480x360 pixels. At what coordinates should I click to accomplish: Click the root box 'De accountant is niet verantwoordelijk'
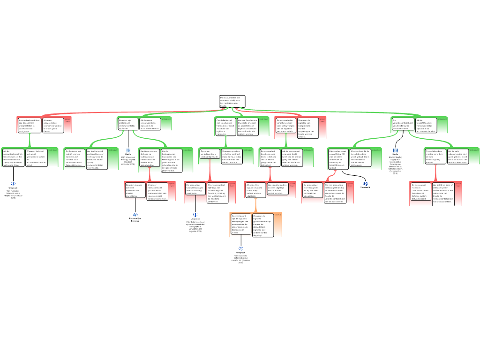[232, 102]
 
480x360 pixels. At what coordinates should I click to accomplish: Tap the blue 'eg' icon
[366, 183]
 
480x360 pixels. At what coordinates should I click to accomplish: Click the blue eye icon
[135, 215]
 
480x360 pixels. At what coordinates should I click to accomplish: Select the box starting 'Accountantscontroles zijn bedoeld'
[30, 126]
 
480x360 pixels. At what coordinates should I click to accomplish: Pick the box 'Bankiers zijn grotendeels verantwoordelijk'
[127, 124]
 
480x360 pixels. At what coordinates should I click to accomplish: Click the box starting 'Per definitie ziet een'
[225, 127]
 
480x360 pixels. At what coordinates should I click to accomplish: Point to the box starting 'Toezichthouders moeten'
[435, 156]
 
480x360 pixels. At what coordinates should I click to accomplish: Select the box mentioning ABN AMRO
[338, 159]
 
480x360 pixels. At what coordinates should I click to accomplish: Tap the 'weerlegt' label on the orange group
[277, 215]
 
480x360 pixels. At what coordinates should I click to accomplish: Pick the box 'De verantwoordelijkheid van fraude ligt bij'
[403, 124]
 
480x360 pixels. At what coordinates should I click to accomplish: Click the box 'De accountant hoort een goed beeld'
[270, 158]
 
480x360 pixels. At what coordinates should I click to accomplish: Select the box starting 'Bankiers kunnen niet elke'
[135, 190]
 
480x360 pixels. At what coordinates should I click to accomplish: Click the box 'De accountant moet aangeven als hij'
[313, 190]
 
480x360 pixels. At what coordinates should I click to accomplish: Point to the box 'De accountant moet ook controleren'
[421, 192]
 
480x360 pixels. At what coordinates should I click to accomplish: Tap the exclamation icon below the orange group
[241, 248]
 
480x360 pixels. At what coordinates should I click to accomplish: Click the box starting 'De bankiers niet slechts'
[75, 158]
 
